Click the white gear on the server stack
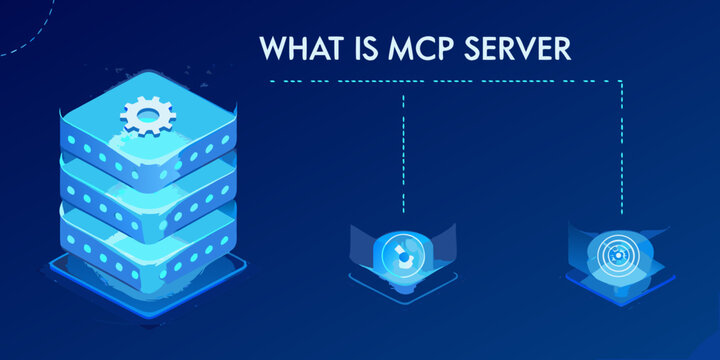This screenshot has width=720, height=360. pyautogui.click(x=147, y=116)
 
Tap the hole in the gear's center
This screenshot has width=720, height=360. pyautogui.click(x=147, y=114)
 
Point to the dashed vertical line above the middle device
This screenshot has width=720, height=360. pyautogui.click(x=403, y=150)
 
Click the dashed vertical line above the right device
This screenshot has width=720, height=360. pyautogui.click(x=621, y=150)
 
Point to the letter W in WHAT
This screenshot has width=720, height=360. pyautogui.click(x=272, y=47)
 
